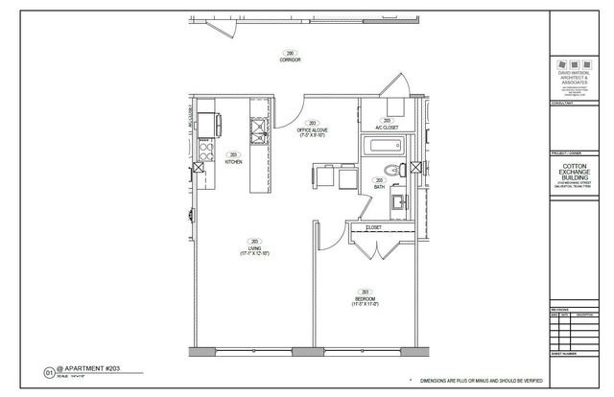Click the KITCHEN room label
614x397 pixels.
coord(233,162)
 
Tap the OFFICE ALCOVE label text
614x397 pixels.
coord(312,129)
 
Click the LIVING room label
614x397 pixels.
coord(255,249)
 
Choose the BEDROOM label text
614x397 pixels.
coord(365,299)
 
